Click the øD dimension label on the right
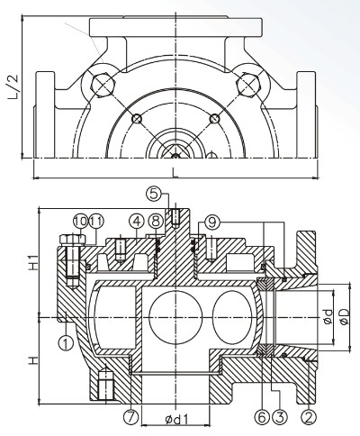346,318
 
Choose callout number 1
66,343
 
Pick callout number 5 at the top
154,194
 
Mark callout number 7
132,416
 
